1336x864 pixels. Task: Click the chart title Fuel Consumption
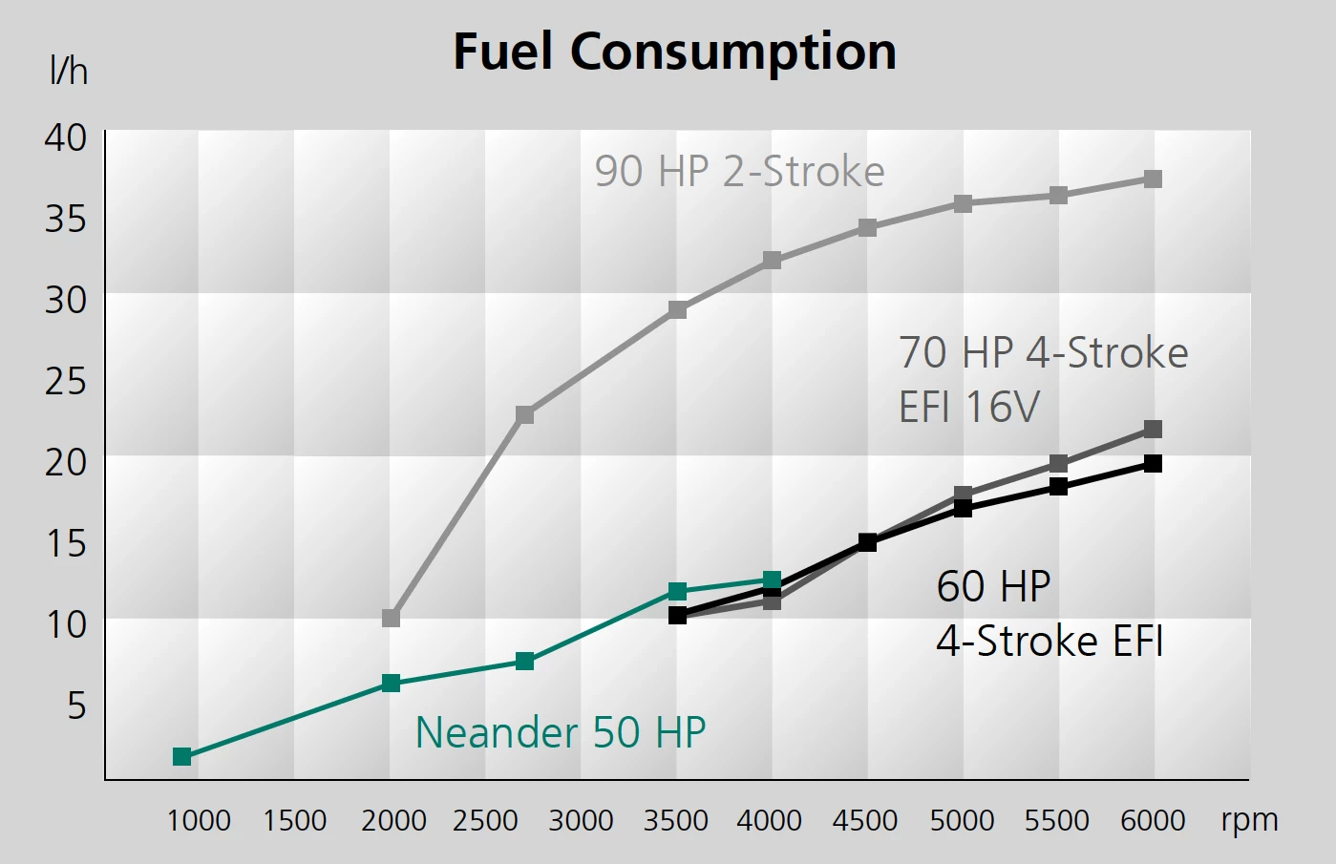coord(674,52)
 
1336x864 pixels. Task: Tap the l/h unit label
coord(68,71)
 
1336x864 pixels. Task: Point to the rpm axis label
coord(1249,819)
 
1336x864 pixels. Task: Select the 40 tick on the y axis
coord(66,137)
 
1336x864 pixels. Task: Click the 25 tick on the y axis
coord(66,381)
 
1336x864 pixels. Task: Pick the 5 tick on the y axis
coord(76,706)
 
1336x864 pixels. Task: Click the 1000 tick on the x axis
coord(199,820)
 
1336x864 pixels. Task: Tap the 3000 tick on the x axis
coord(581,820)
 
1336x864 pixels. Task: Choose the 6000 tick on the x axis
coord(1153,820)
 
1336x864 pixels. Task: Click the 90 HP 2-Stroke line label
coord(739,172)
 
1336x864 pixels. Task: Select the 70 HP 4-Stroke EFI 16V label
coord(1043,379)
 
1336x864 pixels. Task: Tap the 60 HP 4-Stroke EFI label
coord(1050,613)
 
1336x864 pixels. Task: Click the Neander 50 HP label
coord(561,732)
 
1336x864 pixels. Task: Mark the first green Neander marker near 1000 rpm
coord(182,757)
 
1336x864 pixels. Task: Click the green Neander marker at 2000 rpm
coord(391,684)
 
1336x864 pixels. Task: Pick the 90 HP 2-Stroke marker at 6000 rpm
coord(1153,179)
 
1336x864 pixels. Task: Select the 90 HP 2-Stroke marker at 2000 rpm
coord(391,619)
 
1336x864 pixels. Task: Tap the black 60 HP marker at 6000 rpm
coord(1153,464)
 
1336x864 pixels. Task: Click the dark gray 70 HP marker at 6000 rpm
coord(1153,430)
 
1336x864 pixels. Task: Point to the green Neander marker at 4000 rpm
coord(772,580)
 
